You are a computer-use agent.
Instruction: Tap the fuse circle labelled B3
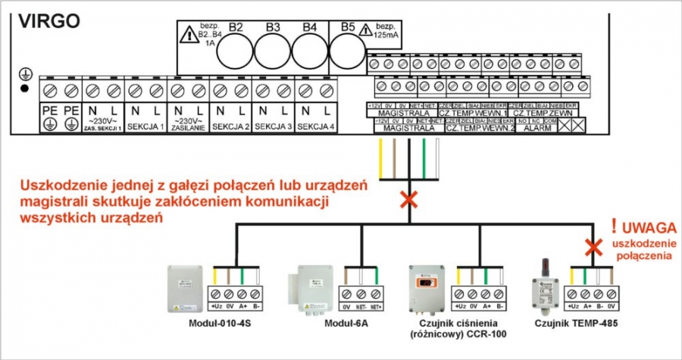[x=273, y=52]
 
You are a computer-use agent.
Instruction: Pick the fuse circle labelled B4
[x=310, y=52]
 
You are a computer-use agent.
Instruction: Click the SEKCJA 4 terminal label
[x=316, y=127]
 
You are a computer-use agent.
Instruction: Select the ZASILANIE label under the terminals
[x=188, y=129]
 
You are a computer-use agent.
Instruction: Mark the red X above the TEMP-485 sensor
[x=593, y=247]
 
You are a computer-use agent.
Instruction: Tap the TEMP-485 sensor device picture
[x=543, y=292]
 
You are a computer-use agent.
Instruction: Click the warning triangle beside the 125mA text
[x=366, y=31]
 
